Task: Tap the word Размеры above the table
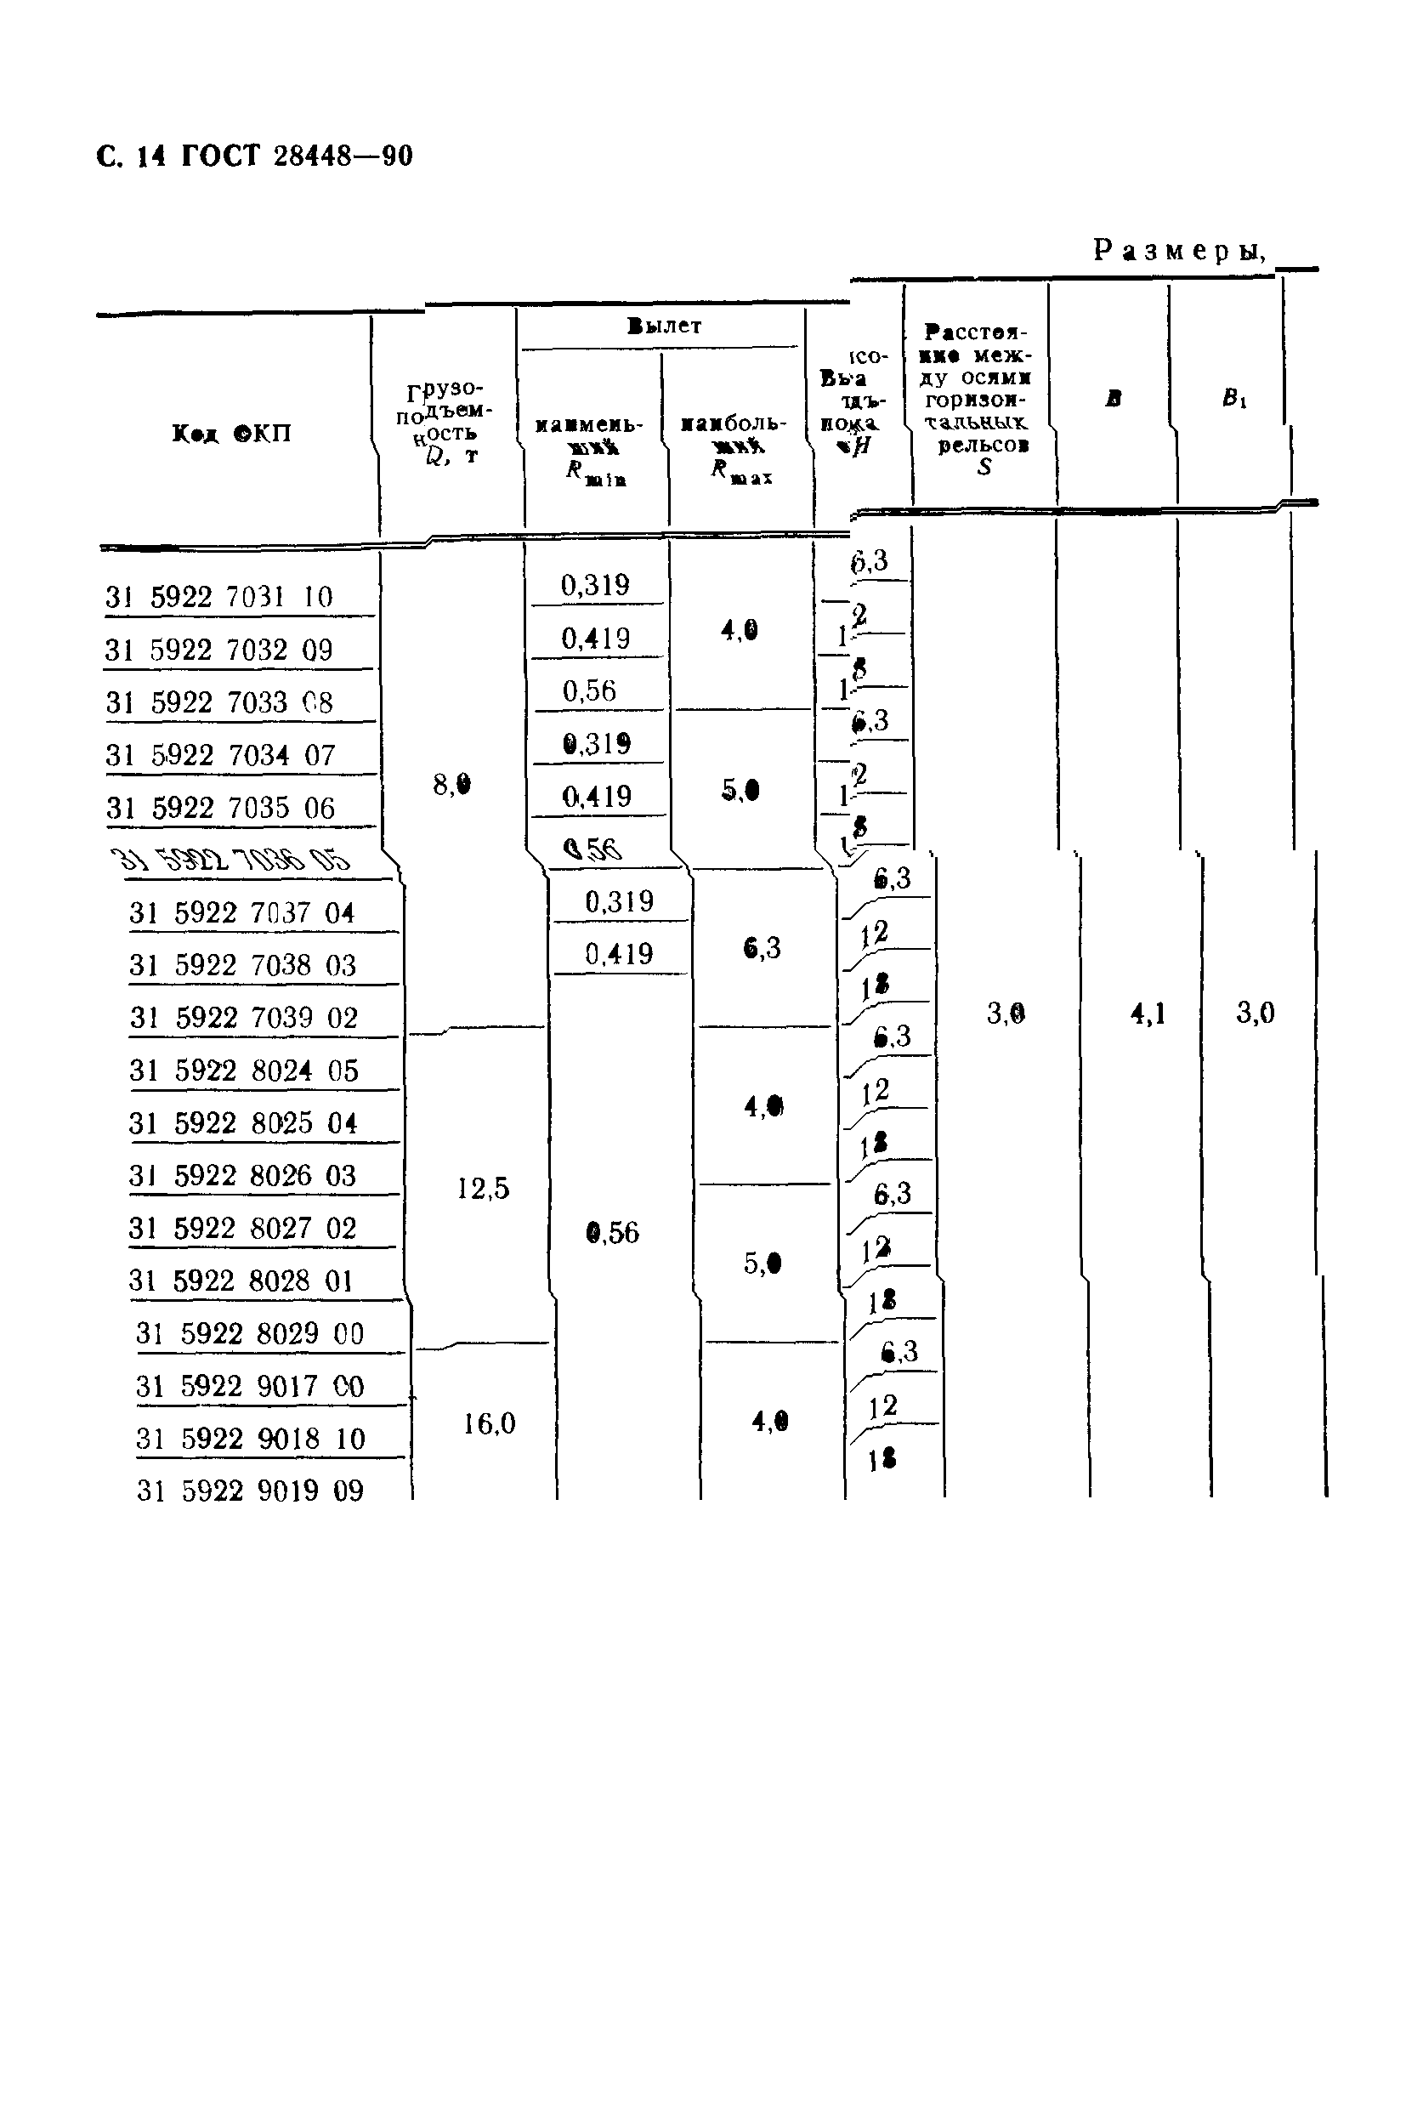1178,250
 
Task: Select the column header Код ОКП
231,434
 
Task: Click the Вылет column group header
663,327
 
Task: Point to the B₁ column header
1233,398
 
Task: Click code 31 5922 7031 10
219,598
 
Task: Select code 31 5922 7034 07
220,755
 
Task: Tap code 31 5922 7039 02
244,1018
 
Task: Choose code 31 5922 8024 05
244,1071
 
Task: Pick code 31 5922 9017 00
249,1386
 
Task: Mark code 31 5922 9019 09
249,1491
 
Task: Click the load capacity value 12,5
482,1189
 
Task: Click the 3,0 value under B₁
1255,1013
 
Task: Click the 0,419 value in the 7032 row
594,639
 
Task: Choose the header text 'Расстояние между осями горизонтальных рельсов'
977,399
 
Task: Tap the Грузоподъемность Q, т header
446,423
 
